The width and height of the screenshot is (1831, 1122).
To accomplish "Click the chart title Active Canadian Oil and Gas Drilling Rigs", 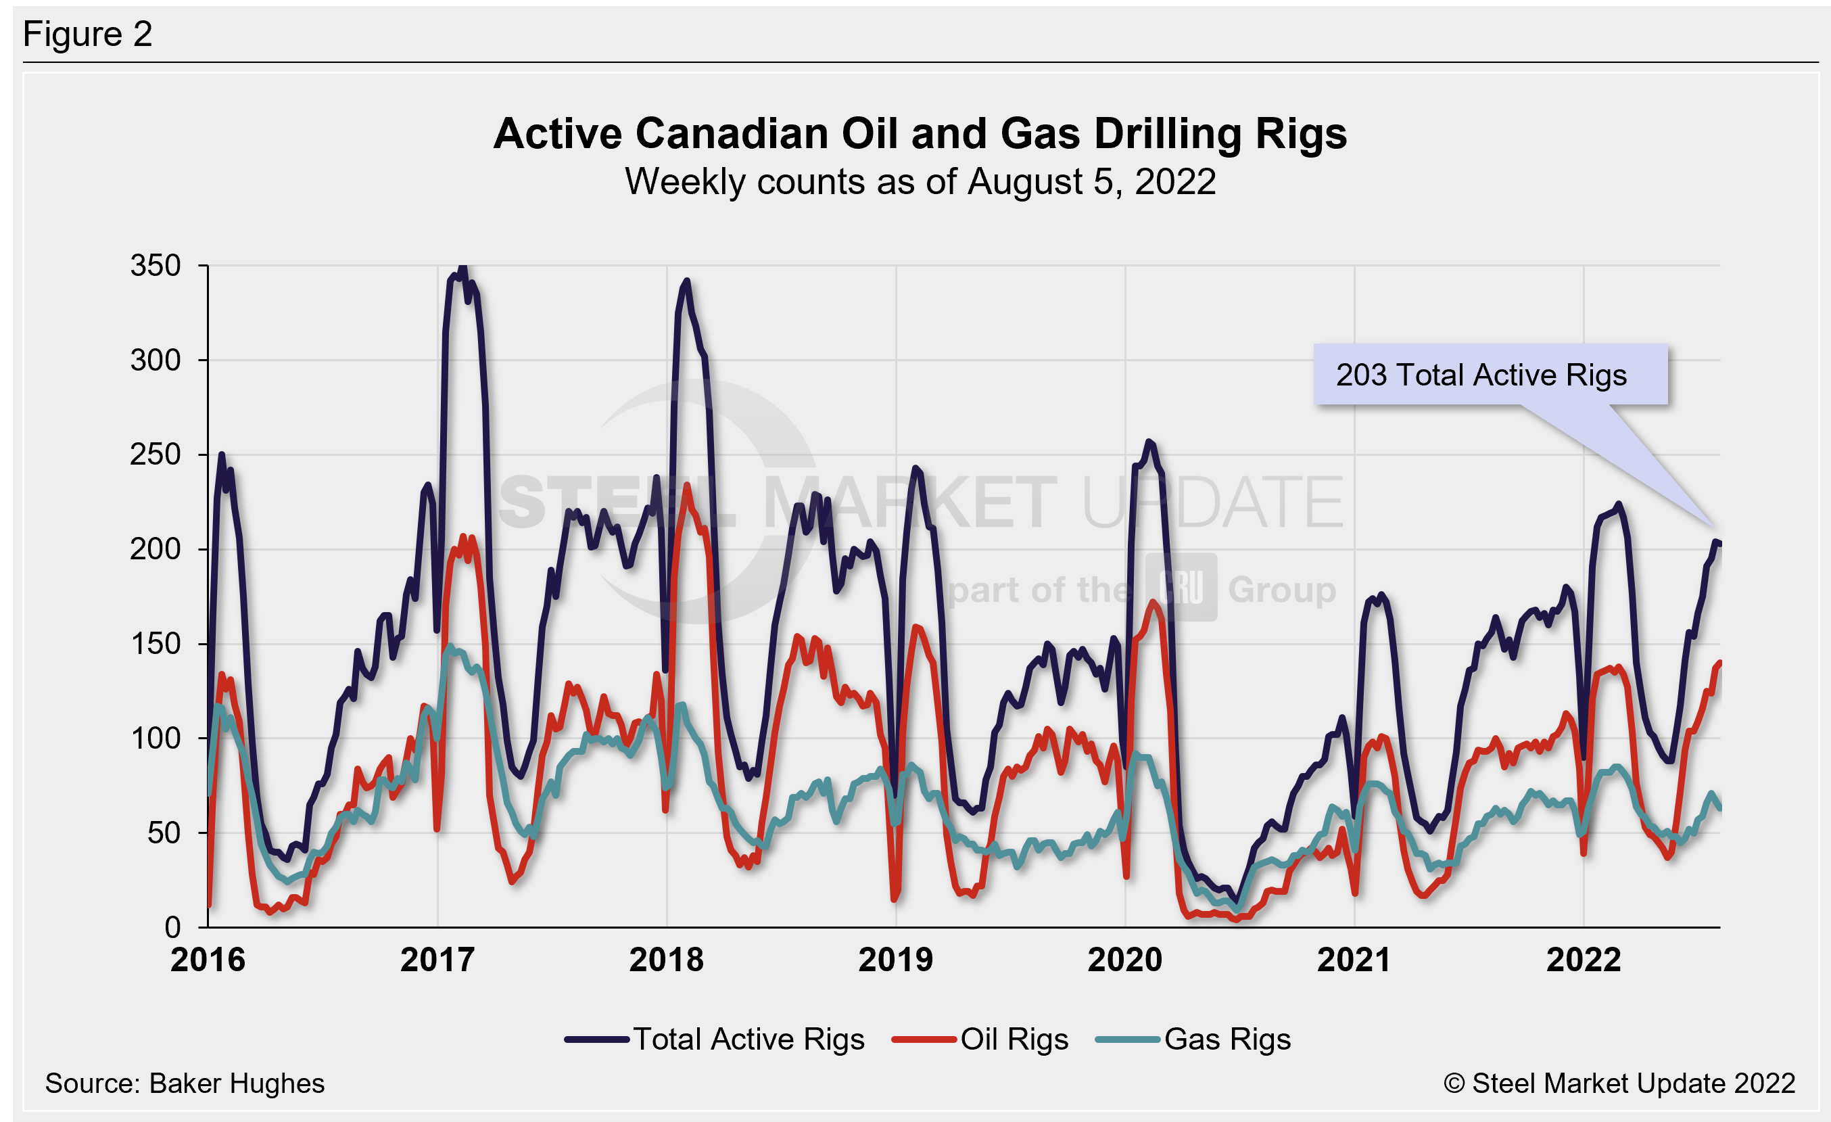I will pos(920,135).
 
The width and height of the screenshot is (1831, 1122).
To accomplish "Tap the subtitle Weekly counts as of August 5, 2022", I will pos(920,182).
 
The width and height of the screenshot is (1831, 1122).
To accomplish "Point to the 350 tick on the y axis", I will pos(156,265).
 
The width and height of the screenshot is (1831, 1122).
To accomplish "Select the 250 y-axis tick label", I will pos(156,454).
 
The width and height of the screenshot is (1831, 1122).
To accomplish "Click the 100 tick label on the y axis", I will pos(156,739).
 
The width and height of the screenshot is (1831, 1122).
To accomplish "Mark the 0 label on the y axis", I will pos(172,927).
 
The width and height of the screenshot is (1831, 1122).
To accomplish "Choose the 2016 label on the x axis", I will pos(208,960).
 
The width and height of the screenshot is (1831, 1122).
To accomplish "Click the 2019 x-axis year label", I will pos(895,960).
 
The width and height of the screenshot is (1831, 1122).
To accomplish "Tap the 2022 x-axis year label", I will pos(1584,960).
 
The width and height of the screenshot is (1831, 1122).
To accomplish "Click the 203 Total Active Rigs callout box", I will pos(1490,375).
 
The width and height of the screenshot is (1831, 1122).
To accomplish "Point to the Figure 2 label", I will pos(88,34).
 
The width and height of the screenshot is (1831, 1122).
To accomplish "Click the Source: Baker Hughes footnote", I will pos(185,1083).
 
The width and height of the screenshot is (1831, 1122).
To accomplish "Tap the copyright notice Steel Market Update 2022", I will pos(1619,1083).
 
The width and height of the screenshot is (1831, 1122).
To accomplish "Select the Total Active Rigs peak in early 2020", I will pos(1149,442).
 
